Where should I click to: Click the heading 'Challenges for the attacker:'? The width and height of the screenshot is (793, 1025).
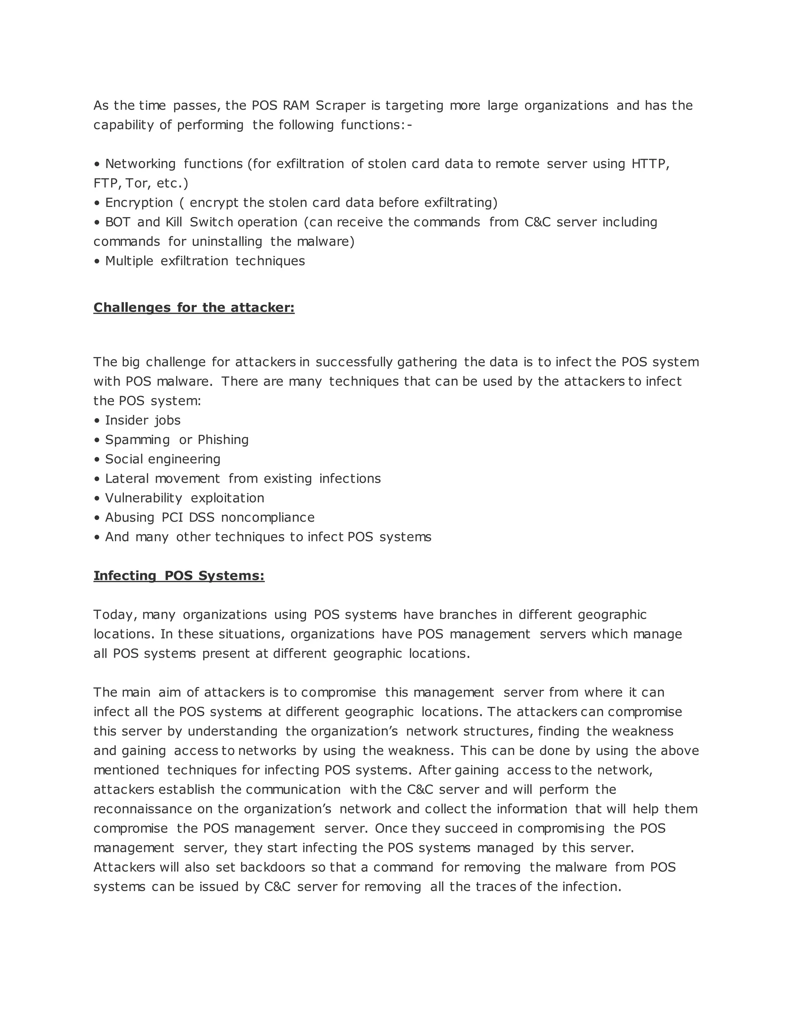[x=194, y=308]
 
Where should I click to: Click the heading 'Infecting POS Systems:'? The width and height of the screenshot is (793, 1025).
[x=179, y=576]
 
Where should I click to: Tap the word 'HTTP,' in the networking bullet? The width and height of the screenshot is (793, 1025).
[x=650, y=164]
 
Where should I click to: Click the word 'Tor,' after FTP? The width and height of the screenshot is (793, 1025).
[x=137, y=183]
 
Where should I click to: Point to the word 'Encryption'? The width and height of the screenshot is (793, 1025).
[x=139, y=203]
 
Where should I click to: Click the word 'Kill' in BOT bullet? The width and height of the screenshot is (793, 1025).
[x=173, y=222]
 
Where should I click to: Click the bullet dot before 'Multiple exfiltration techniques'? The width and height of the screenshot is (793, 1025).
[x=97, y=261]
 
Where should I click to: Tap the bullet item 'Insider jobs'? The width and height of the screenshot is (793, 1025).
[x=142, y=420]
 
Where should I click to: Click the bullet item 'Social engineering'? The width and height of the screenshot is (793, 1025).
[x=162, y=459]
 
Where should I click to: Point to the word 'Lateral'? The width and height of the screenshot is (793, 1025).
[x=126, y=479]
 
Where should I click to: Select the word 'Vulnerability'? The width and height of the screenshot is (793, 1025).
[x=143, y=498]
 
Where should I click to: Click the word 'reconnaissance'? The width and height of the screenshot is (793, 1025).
[x=142, y=809]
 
